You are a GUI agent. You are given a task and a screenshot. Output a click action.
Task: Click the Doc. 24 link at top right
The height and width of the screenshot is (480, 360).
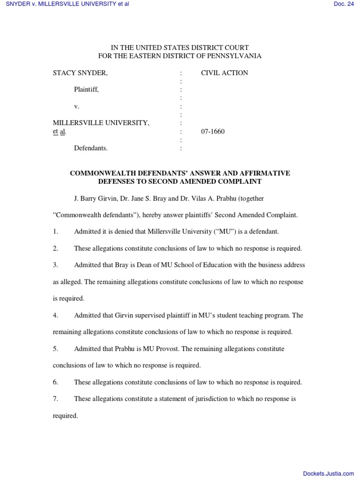344,4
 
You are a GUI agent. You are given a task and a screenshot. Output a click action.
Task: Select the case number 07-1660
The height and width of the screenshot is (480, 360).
213,132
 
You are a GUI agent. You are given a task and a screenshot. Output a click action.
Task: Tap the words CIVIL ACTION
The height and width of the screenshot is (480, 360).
225,73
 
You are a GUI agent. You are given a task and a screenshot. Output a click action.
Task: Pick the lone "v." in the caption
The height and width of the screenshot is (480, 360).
77,106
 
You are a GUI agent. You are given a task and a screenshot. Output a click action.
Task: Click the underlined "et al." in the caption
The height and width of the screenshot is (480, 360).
60,132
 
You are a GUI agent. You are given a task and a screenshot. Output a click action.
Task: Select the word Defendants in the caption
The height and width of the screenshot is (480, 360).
91,148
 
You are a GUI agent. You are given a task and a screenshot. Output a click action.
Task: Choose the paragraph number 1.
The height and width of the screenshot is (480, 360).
55,232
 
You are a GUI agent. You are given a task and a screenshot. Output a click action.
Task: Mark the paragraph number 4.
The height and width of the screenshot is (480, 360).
55,315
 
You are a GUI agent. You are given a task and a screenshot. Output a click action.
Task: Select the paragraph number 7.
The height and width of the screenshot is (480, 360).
55,399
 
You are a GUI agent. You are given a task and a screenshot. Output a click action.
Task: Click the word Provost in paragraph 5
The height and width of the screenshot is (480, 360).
167,349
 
